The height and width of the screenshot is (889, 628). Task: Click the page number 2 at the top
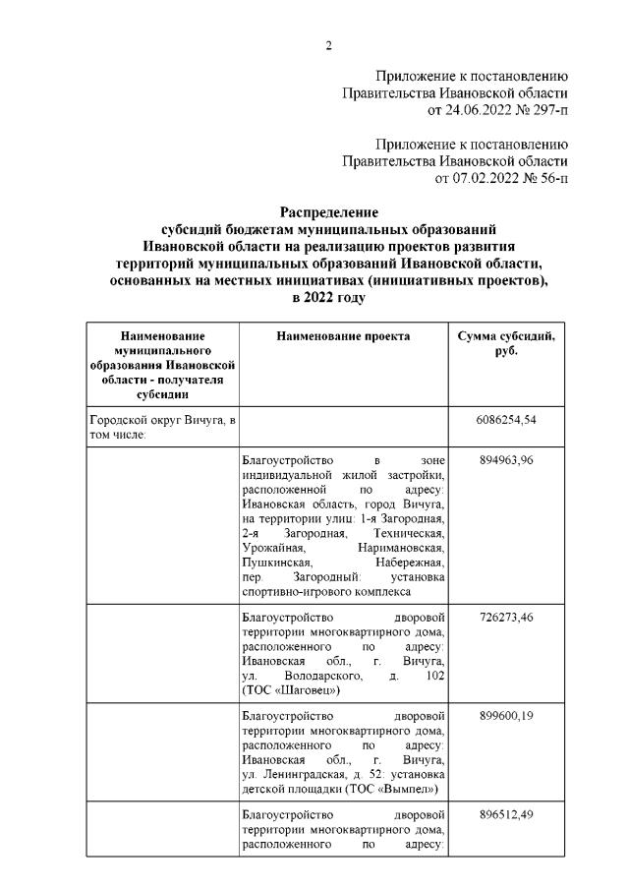point(329,45)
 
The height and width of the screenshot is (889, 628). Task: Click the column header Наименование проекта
point(343,336)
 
